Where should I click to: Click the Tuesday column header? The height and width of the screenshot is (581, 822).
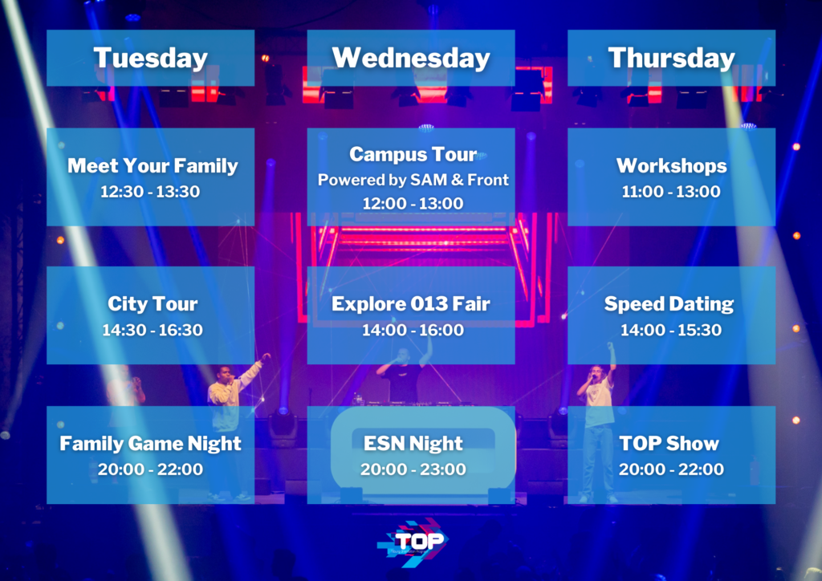click(150, 58)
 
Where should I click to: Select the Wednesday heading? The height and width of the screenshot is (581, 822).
click(411, 58)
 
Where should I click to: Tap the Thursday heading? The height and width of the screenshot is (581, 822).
click(672, 58)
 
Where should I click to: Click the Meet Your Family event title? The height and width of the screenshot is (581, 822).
click(153, 166)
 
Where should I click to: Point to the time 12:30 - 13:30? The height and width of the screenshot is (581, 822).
click(150, 192)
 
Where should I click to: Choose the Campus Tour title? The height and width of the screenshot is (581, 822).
click(413, 154)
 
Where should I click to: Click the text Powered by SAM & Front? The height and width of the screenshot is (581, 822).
click(413, 180)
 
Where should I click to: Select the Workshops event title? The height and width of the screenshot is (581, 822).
click(672, 165)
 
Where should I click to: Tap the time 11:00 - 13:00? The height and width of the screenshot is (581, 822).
click(671, 192)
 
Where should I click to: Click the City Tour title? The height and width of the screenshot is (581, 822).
click(153, 304)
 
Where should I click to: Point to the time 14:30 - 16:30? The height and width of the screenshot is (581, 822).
click(152, 330)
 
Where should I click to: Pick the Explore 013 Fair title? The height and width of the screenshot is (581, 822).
click(411, 304)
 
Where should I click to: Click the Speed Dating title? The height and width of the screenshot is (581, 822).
click(669, 304)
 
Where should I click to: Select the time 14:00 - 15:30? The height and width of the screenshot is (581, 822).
click(671, 330)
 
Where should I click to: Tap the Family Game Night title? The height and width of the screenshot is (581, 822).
click(150, 444)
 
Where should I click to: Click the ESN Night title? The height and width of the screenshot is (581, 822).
click(413, 444)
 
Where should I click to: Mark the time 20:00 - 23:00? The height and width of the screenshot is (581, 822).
click(413, 469)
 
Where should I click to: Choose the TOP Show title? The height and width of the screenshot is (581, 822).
click(669, 444)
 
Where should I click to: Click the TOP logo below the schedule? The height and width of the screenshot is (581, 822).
click(413, 542)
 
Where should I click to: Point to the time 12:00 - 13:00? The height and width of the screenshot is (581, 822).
click(413, 203)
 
